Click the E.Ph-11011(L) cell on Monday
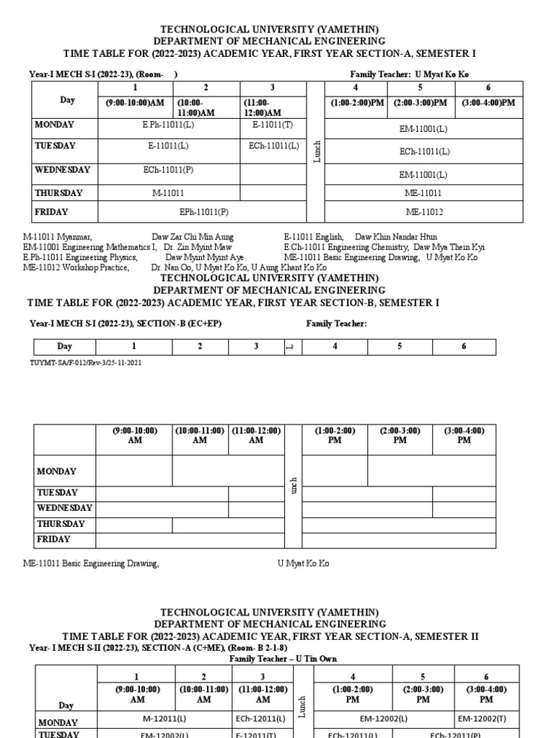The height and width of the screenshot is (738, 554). (x=168, y=125)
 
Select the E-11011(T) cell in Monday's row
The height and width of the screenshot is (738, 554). (x=272, y=125)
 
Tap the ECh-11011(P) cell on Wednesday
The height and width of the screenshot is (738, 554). (x=168, y=171)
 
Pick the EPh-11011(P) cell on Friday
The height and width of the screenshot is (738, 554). (x=203, y=213)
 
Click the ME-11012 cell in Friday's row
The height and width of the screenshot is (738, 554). (x=424, y=213)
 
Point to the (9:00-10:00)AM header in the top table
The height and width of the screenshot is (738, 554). (x=135, y=103)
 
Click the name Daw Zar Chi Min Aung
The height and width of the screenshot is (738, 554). (x=193, y=237)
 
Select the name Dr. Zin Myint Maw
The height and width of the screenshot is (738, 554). (x=207, y=247)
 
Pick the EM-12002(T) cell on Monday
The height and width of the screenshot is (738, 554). (x=486, y=719)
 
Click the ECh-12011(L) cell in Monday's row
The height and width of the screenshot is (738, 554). (x=263, y=719)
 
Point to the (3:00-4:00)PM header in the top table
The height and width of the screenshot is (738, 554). (x=489, y=103)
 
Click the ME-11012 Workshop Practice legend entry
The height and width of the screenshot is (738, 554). (x=76, y=267)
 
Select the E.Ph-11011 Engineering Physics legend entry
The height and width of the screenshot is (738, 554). (x=80, y=257)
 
